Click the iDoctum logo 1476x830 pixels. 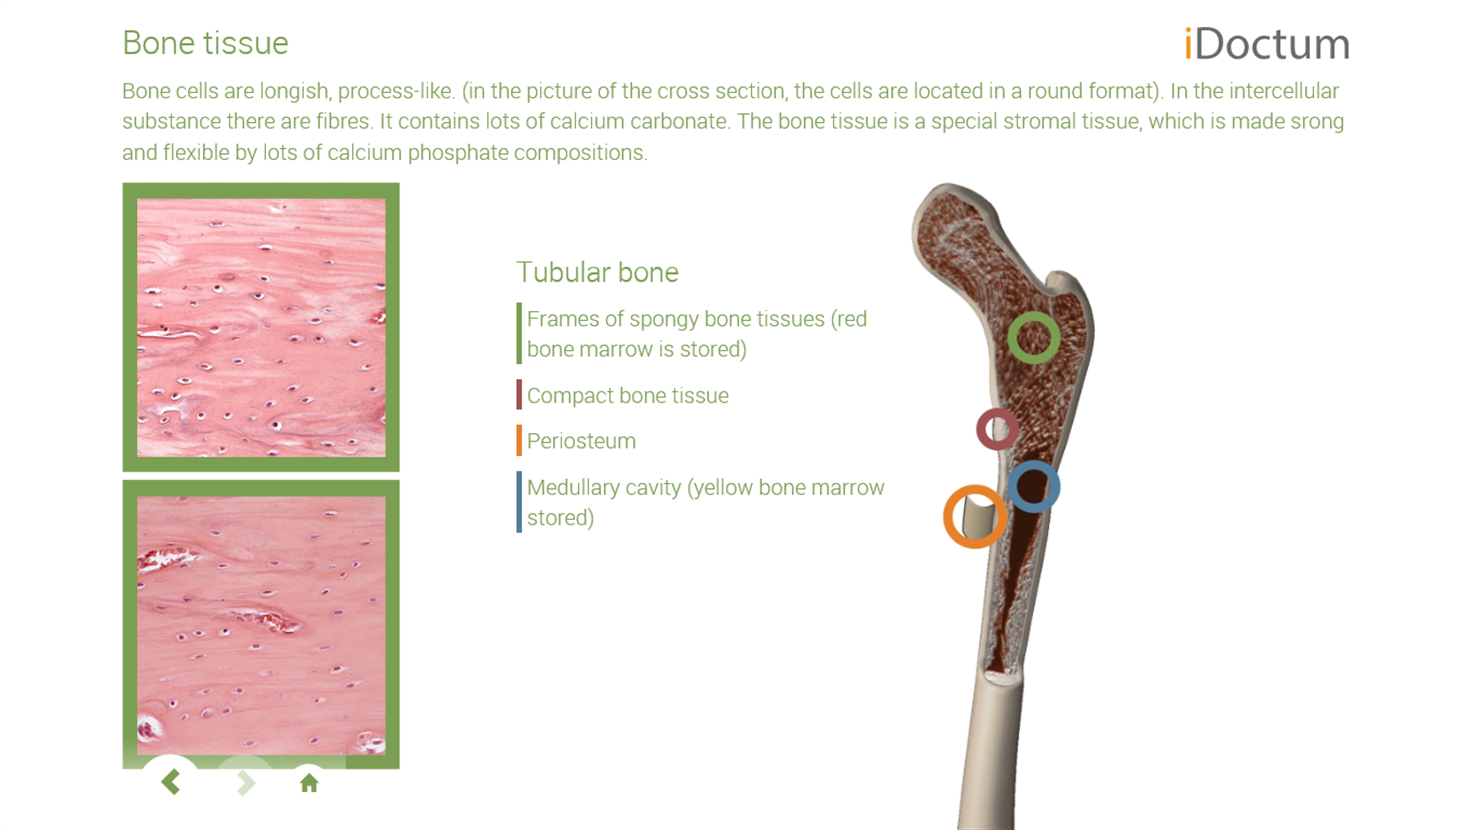pos(1267,44)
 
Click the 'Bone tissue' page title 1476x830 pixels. pos(205,43)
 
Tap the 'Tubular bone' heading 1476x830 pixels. pos(597,272)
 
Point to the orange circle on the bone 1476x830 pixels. pos(948,517)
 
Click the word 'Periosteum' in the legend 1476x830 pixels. pos(581,441)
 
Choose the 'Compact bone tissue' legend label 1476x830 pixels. pos(627,395)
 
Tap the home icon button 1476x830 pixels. pos(309,782)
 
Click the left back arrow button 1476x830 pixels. pos(171,782)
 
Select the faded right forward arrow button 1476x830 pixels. pos(246,782)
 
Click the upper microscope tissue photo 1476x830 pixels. pos(261,328)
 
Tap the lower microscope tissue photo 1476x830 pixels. pos(261,625)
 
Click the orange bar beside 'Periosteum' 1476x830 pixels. pos(519,440)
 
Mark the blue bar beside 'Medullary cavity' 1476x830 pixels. pos(519,502)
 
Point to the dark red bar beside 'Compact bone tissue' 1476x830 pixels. pos(519,394)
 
